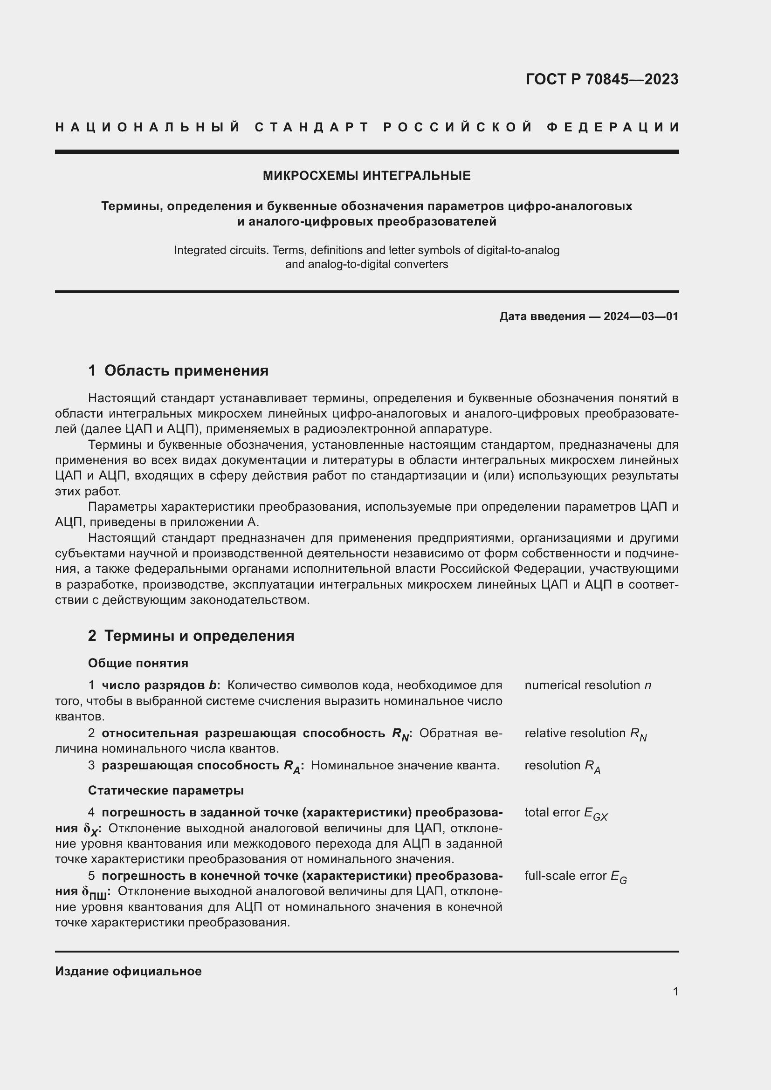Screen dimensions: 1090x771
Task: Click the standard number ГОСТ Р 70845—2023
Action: (601, 79)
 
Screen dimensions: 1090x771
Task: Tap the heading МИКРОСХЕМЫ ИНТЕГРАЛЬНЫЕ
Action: (366, 176)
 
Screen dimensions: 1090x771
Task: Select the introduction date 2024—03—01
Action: (640, 316)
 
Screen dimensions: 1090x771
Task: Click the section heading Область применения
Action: (186, 370)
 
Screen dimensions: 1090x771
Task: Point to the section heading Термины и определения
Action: (199, 636)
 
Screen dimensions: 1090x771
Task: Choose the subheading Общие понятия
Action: (138, 663)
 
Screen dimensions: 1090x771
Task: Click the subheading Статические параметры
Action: (165, 790)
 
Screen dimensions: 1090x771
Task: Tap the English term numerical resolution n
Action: (587, 685)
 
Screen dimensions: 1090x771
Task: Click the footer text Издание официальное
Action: (128, 971)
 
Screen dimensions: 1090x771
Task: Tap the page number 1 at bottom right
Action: (675, 991)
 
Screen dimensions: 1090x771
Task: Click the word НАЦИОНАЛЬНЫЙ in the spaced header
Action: (148, 127)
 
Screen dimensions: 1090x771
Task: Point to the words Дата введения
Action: (542, 316)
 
